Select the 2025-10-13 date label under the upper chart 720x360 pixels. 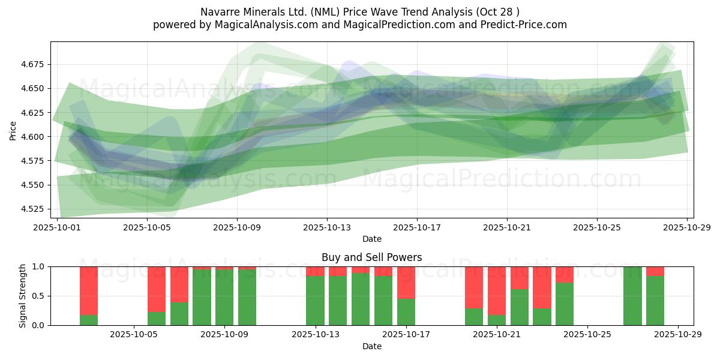[327, 228]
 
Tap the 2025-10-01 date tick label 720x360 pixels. [58, 228]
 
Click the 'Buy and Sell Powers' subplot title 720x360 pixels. [371, 257]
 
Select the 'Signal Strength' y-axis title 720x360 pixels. [23, 296]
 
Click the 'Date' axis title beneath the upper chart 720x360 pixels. [371, 239]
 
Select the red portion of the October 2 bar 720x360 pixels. [89, 290]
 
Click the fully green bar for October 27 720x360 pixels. [632, 296]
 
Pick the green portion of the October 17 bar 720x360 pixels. [406, 312]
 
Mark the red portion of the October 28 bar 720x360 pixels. [655, 271]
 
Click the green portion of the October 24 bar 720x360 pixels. [565, 304]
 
